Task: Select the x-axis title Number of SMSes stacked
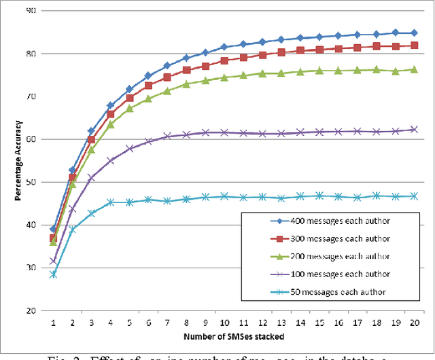pos(233,336)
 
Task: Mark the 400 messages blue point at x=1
pos(53,229)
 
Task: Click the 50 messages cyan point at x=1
pos(53,274)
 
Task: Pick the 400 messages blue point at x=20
pos(414,33)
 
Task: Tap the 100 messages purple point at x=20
pos(414,129)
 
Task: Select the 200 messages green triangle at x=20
pos(414,69)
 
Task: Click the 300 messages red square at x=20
pos(414,46)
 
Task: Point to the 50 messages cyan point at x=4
pos(110,202)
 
